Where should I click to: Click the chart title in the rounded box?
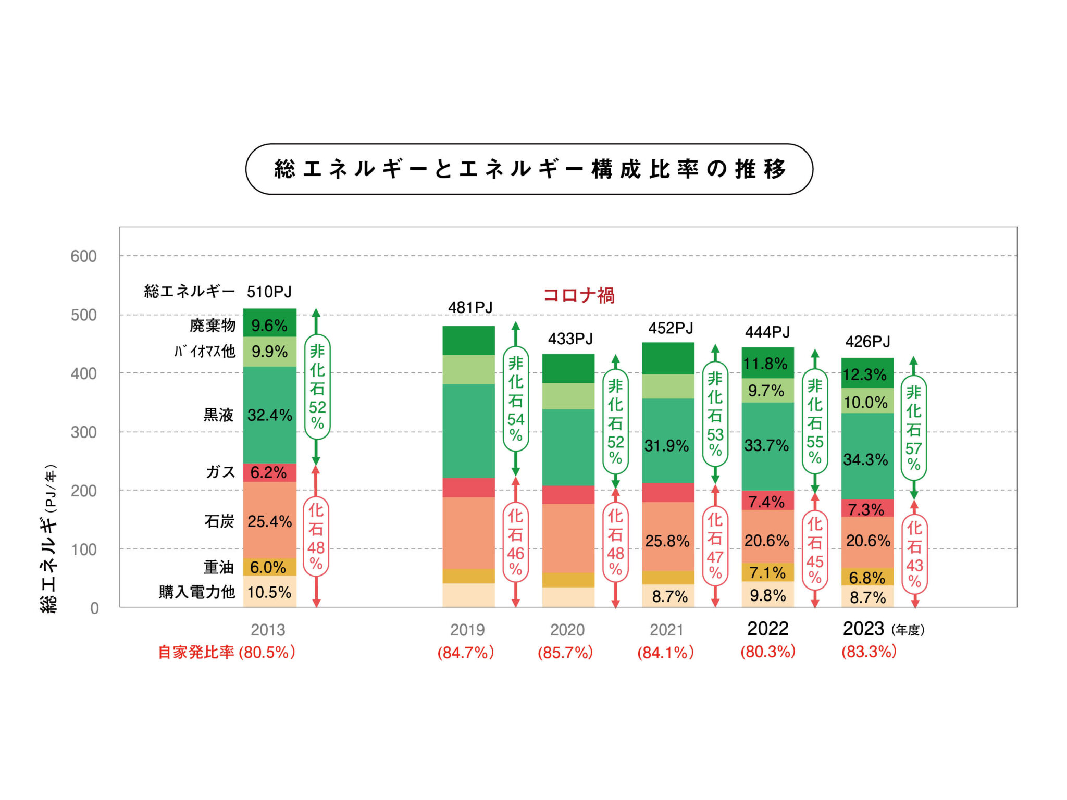coord(529,169)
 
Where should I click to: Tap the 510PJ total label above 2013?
coord(269,292)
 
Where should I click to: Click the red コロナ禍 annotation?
coord(578,295)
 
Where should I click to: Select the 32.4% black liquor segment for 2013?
coord(269,415)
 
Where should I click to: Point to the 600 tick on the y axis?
coord(83,256)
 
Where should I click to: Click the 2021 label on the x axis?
coord(666,630)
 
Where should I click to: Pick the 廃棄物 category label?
coord(213,326)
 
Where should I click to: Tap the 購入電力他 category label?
coord(197,592)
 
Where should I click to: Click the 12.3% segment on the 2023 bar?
coord(866,374)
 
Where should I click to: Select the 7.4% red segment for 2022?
coord(767,501)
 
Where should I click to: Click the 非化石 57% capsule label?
coord(913,427)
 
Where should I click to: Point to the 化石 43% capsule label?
coord(914,554)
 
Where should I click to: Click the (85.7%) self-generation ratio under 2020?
coord(565,653)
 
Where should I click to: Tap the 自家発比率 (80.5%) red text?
coord(227,652)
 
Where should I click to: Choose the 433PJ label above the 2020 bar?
coord(570,339)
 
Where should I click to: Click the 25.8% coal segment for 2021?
coord(667,541)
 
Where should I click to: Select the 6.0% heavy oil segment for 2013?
coord(269,567)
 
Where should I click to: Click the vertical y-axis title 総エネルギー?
coord(49,539)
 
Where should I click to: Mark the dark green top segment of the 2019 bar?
coord(468,341)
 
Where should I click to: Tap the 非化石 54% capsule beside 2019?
coord(515,398)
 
